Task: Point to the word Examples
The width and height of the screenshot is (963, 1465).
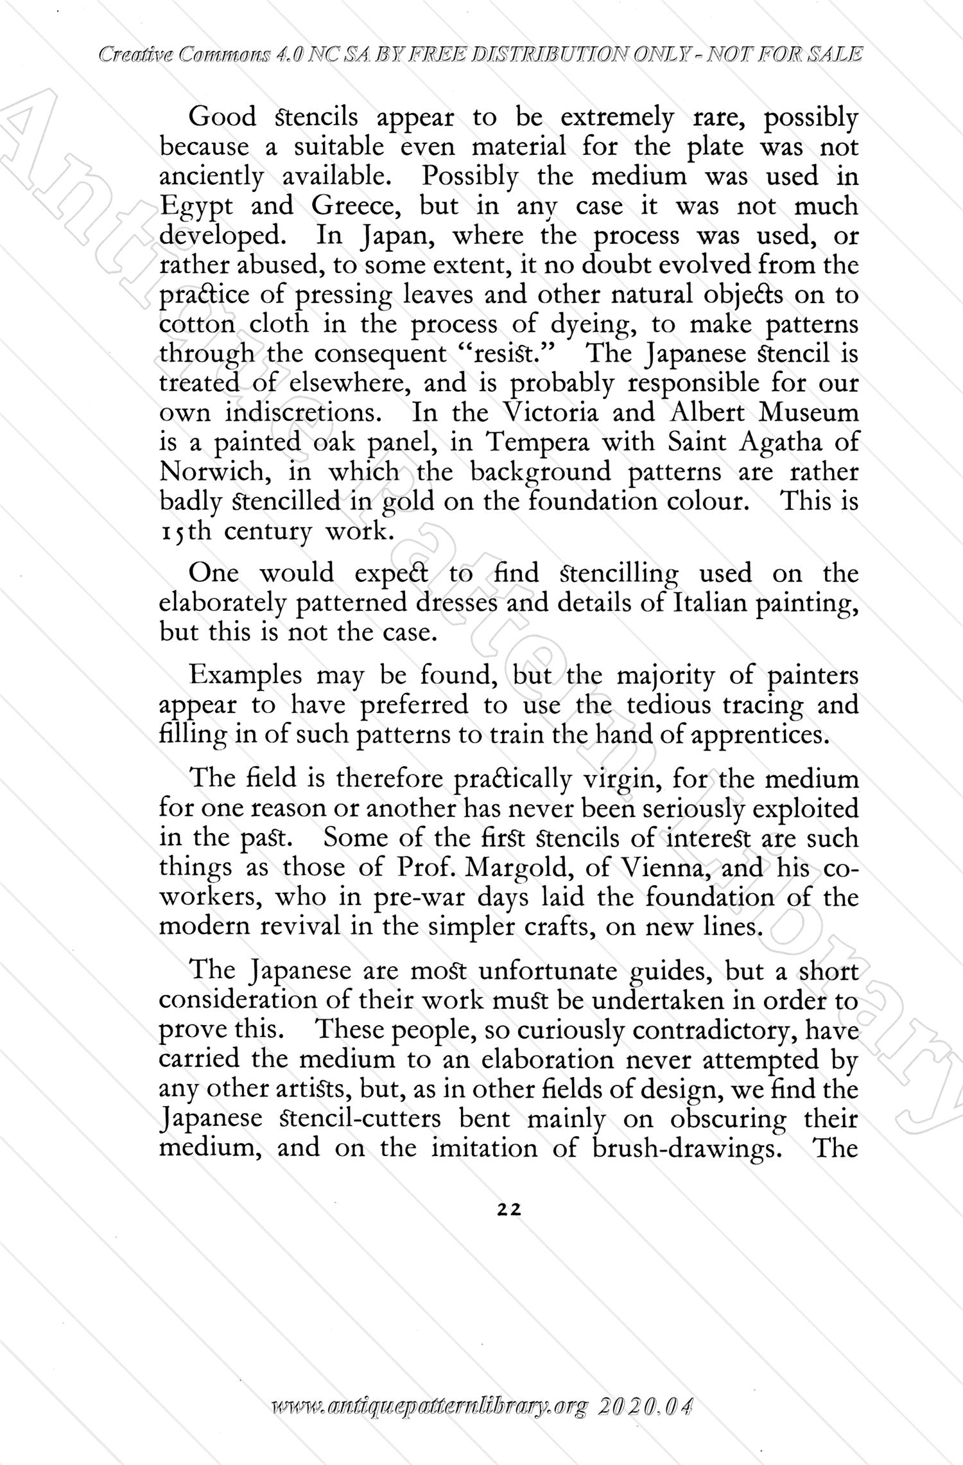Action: click(246, 676)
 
